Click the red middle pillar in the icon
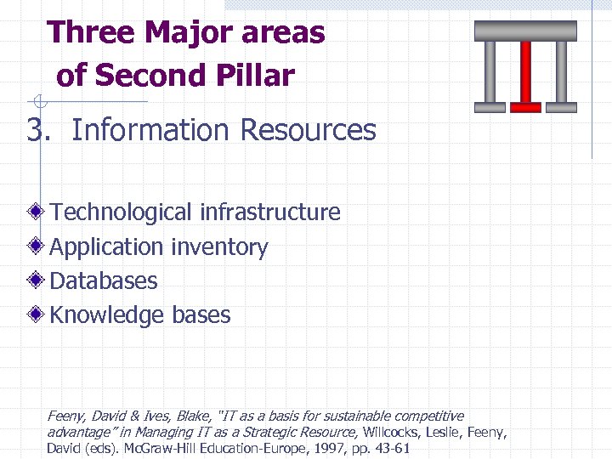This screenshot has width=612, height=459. [525, 75]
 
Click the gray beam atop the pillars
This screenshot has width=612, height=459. [525, 31]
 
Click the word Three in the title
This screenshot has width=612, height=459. [90, 33]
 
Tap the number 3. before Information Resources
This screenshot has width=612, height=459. [39, 131]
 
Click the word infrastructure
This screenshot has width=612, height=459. [269, 212]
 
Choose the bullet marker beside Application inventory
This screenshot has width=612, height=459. [35, 246]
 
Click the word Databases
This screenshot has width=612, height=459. [104, 280]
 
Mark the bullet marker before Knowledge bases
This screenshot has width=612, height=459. [35, 314]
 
